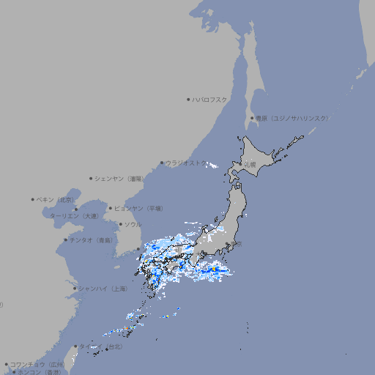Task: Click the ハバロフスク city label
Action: (210, 100)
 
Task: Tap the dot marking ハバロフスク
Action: (188, 100)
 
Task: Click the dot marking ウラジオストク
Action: (162, 163)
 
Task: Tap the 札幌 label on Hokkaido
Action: (250, 165)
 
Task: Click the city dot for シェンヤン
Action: (91, 178)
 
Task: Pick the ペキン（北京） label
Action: (56, 199)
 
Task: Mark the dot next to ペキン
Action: (33, 199)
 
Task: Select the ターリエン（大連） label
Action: (74, 216)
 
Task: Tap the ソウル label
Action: (133, 225)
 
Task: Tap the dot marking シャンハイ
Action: (75, 289)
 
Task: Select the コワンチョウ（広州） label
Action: (37, 364)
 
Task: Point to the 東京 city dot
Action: (228, 244)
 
